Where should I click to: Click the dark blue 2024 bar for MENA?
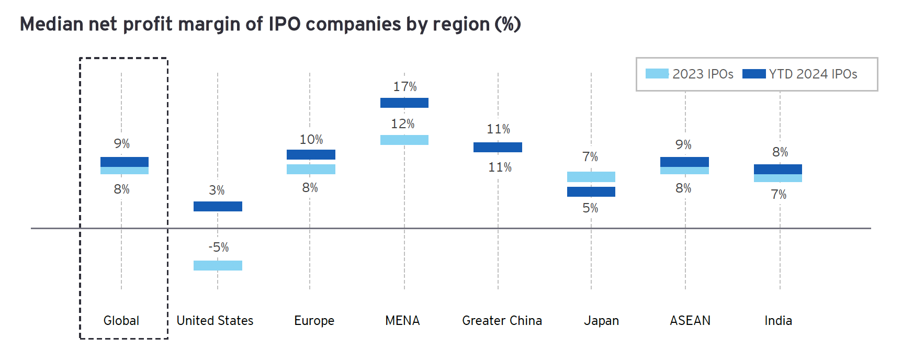click(404, 103)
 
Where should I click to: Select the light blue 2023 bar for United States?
click(218, 265)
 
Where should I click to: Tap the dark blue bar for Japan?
click(591, 192)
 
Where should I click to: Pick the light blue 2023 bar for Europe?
click(311, 170)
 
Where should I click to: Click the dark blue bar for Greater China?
click(498, 147)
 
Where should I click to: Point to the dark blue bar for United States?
click(218, 206)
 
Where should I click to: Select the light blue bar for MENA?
click(404, 140)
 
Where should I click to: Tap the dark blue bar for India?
click(777, 169)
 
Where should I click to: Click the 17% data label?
click(405, 87)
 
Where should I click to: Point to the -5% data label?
click(219, 247)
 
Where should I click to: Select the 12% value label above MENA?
click(403, 124)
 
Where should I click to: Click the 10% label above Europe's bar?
click(311, 140)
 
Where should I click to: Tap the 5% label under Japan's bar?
click(590, 208)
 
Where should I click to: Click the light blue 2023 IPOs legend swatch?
click(657, 74)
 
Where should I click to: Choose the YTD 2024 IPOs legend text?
click(813, 74)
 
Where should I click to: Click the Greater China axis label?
click(502, 321)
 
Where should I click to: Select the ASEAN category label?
click(690, 321)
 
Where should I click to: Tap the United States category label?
click(215, 321)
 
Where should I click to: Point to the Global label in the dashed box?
click(121, 321)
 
